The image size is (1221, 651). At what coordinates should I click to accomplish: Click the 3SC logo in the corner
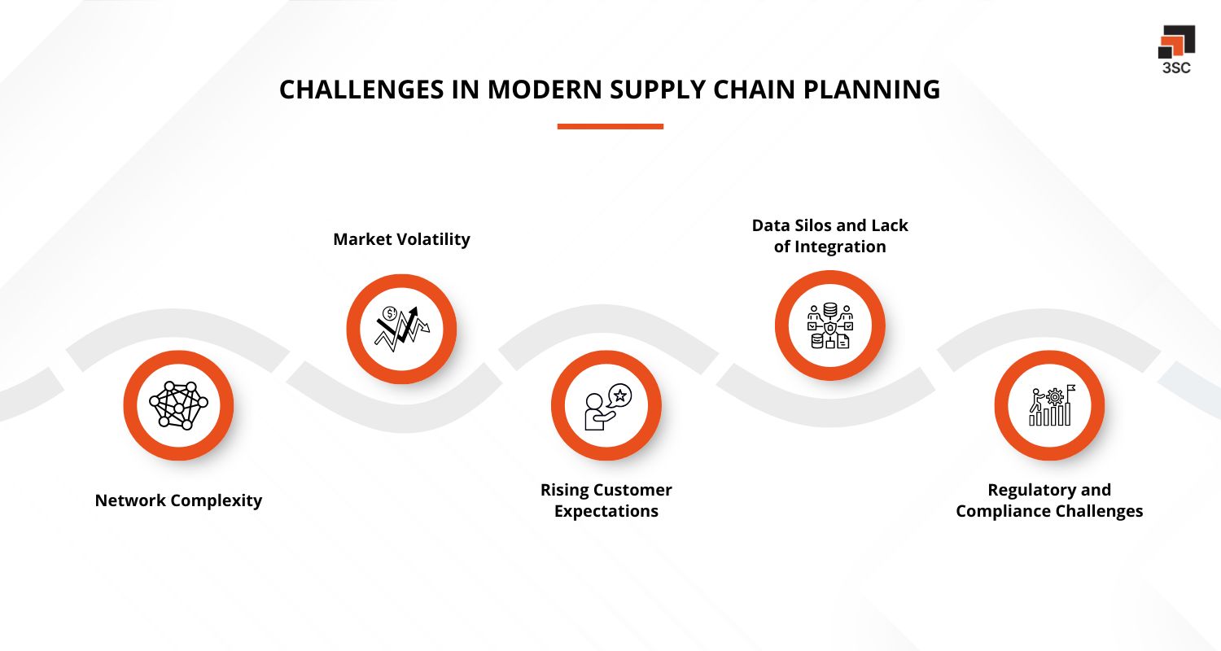(x=1176, y=49)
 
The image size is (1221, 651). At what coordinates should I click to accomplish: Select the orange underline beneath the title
(x=610, y=127)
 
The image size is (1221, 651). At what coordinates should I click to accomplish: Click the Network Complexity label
(x=178, y=500)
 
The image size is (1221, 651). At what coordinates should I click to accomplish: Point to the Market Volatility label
(x=401, y=239)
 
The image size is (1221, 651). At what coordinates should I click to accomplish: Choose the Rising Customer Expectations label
(x=606, y=500)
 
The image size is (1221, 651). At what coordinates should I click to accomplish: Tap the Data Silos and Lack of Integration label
(x=829, y=236)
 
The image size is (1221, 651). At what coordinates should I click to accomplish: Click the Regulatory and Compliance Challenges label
(x=1049, y=500)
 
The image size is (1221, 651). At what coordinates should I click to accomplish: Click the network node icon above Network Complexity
(x=178, y=404)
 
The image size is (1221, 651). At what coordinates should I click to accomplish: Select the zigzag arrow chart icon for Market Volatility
(x=401, y=329)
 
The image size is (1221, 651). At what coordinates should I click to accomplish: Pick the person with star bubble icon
(x=606, y=405)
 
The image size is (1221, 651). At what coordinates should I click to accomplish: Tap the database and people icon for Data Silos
(x=829, y=325)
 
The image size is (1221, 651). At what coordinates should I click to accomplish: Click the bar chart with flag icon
(x=1049, y=405)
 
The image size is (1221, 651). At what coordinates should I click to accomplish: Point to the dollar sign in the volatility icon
(x=390, y=313)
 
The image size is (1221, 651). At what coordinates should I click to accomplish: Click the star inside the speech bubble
(x=619, y=395)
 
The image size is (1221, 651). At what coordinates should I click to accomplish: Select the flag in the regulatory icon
(x=1070, y=389)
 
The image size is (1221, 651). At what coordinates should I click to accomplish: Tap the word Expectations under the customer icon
(x=606, y=512)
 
